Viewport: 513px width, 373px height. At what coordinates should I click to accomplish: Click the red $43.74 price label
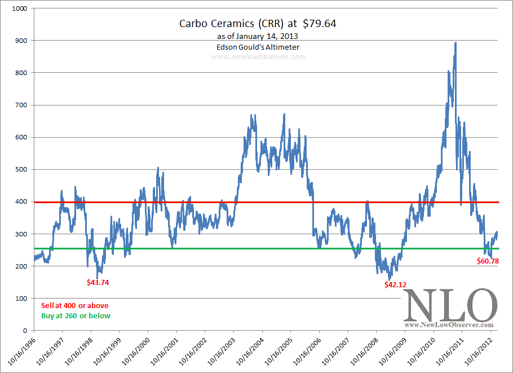[x=98, y=282]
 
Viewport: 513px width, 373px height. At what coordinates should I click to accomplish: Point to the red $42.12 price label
[x=395, y=285]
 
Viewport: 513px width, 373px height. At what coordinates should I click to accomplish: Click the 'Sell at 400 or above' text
[x=75, y=305]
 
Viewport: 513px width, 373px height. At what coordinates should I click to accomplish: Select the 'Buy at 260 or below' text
[x=76, y=316]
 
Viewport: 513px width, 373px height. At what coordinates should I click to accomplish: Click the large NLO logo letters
[x=449, y=305]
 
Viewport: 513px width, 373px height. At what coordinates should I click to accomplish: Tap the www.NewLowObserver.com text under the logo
[x=449, y=325]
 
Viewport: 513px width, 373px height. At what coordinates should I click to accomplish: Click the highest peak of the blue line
[x=455, y=43]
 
